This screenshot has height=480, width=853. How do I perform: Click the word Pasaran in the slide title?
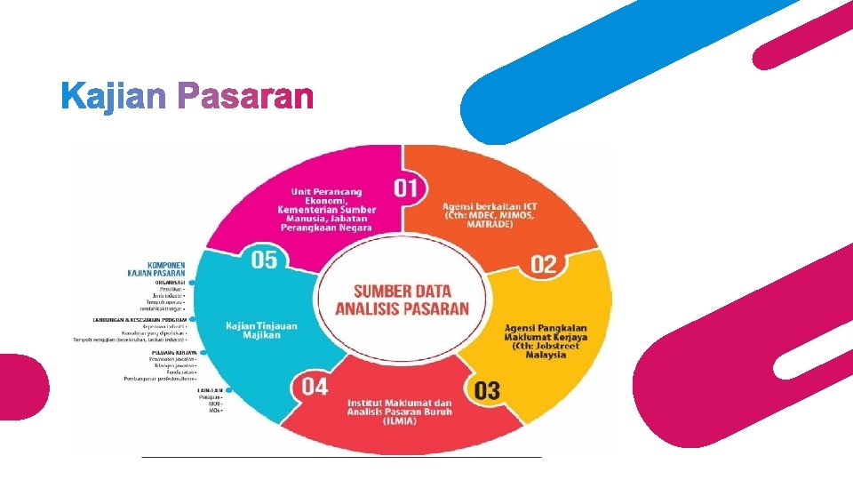[245, 96]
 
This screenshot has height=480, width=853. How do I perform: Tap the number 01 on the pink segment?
[406, 188]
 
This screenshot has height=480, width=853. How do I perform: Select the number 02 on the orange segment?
[544, 264]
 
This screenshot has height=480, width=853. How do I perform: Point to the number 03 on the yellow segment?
[487, 390]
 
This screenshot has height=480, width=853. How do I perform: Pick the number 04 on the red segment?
[315, 387]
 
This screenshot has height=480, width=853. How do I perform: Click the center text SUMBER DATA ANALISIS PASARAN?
[402, 300]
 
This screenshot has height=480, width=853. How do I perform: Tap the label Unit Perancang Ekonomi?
[327, 210]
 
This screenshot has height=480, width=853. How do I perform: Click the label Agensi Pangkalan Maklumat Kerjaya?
[546, 341]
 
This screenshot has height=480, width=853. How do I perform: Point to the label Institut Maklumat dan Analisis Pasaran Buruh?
[399, 412]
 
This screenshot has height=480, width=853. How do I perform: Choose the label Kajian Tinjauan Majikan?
[261, 330]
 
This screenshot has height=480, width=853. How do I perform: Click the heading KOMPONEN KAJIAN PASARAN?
[156, 268]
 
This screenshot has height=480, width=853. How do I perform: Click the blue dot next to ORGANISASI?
[191, 283]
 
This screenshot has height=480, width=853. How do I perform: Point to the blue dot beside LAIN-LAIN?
[230, 389]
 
